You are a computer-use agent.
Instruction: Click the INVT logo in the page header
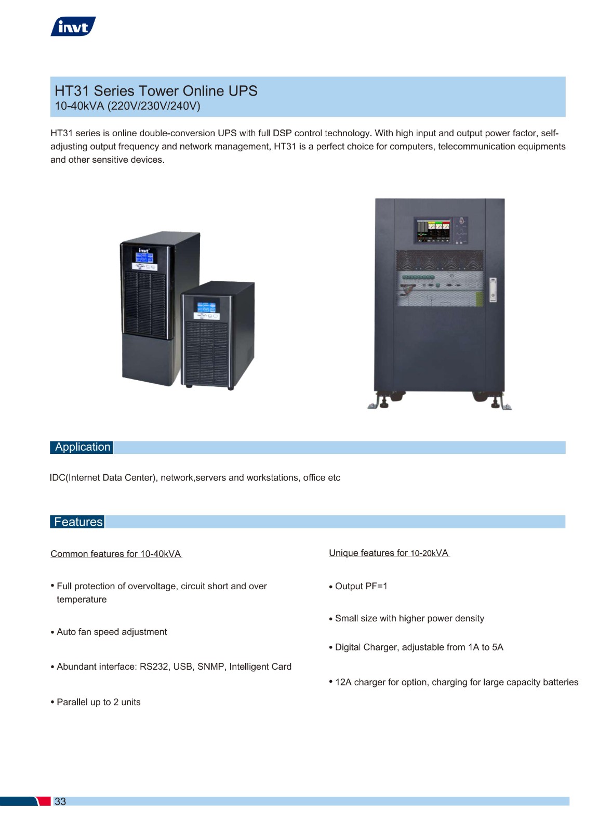point(73,27)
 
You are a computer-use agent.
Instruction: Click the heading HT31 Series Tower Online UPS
point(156,91)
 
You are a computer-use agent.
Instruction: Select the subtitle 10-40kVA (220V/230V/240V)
point(127,106)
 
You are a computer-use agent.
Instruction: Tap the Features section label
point(77,522)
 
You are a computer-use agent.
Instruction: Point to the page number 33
point(60,801)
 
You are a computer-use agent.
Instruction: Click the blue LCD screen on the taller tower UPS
point(144,257)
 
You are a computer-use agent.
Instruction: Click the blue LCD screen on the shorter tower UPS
point(206,307)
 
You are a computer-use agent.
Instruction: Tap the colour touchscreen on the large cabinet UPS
point(433,231)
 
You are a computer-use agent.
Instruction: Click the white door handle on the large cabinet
point(493,290)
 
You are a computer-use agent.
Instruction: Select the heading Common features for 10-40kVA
point(116,554)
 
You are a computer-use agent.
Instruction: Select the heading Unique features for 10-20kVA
point(389,553)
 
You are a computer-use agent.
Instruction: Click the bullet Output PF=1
point(358,586)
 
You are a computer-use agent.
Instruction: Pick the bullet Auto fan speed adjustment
point(109,632)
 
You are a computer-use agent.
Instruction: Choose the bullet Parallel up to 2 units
point(96,702)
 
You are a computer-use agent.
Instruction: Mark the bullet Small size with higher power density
point(407,618)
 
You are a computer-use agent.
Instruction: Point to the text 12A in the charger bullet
point(343,682)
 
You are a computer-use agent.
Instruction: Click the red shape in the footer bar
point(44,801)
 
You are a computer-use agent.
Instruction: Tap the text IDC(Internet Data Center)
point(102,478)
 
